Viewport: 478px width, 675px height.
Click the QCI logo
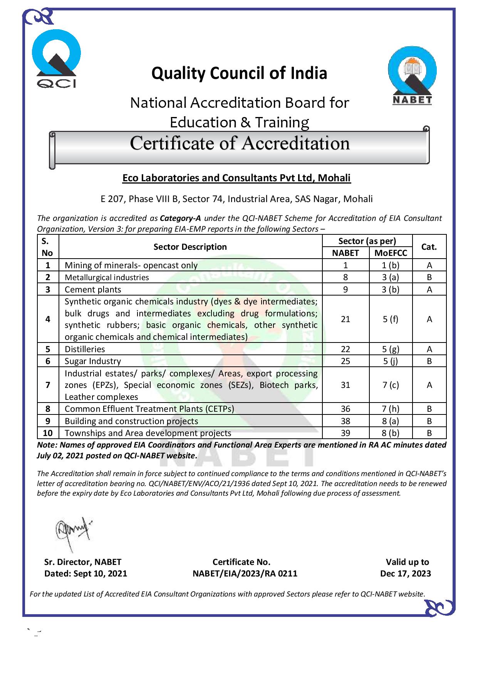(56, 59)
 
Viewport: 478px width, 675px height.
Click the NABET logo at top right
(412, 78)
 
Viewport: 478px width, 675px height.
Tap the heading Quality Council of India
(239, 73)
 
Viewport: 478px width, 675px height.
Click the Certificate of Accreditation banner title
(240, 144)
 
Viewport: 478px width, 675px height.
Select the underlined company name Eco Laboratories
(236, 178)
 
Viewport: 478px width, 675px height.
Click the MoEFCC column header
(391, 253)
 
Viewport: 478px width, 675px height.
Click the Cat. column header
(429, 247)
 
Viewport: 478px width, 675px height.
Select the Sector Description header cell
(190, 247)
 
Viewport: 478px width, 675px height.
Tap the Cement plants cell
(93, 289)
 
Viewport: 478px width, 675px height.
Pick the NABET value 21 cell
(346, 319)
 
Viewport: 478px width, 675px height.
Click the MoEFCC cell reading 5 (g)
(391, 349)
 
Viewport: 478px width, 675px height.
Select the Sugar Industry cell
(93, 361)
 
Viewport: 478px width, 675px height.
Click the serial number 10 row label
(48, 433)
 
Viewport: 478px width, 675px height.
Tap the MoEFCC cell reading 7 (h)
(391, 409)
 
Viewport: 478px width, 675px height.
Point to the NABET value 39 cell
(346, 433)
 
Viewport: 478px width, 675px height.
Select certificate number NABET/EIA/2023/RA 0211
(245, 573)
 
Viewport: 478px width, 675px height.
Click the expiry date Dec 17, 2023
(405, 573)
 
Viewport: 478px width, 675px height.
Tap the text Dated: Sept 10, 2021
(86, 573)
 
